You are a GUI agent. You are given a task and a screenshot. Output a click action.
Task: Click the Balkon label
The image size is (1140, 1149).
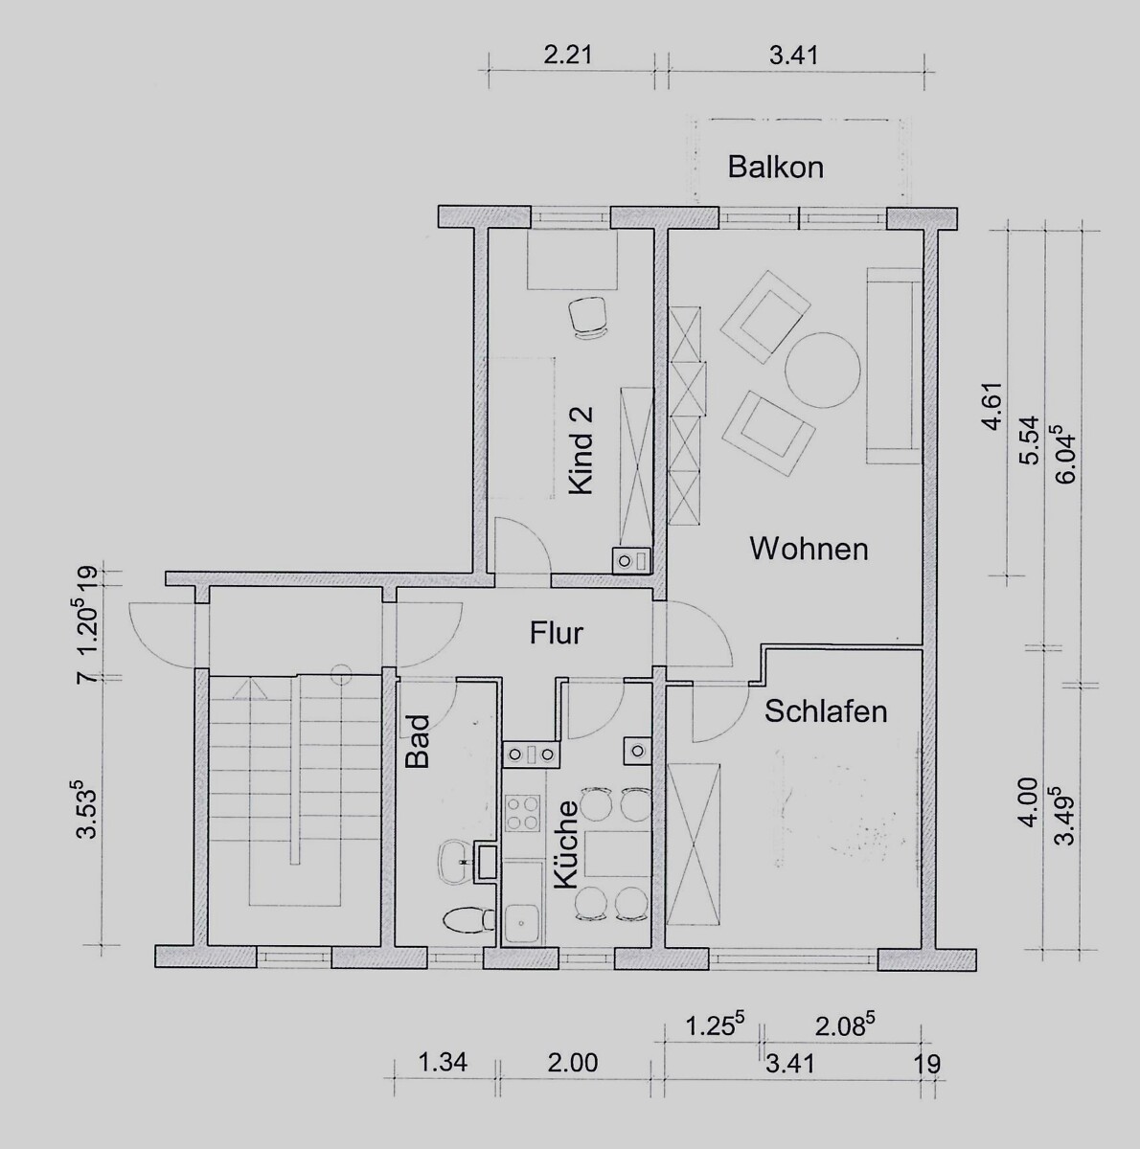(775, 168)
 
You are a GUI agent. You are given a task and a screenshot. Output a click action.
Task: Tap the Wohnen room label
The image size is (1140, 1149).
(809, 548)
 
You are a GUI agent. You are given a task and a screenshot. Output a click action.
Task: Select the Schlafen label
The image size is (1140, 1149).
(826, 711)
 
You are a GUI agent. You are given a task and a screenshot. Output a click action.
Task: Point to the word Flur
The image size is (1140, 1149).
(557, 633)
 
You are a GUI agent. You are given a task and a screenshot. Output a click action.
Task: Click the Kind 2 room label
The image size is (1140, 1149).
(581, 451)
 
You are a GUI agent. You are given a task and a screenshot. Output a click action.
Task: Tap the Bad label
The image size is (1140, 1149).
(418, 742)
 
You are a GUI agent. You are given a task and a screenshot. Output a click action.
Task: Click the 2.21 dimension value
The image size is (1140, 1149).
(568, 56)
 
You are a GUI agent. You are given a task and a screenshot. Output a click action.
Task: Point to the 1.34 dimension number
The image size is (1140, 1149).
(443, 1063)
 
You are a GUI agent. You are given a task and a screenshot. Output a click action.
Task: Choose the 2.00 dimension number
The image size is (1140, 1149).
(572, 1063)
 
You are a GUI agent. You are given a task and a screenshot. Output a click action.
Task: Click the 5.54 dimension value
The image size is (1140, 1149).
(1029, 440)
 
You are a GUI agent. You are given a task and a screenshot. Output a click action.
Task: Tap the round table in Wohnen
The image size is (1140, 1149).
(823, 371)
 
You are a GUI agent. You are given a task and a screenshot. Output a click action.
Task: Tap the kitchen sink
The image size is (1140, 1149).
(523, 939)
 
